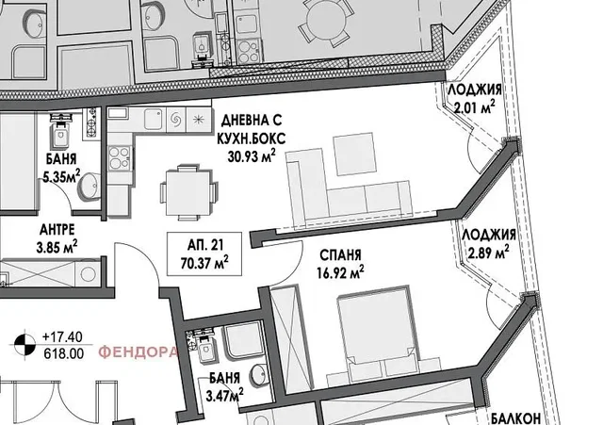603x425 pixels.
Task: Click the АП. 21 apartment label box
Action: pyautogui.click(x=204, y=253)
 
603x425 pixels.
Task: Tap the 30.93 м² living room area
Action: pyautogui.click(x=252, y=155)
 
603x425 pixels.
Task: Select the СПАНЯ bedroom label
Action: pyautogui.click(x=340, y=254)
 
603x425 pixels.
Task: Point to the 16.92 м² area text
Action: pyautogui.click(x=341, y=272)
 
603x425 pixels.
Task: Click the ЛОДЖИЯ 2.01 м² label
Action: pyautogui.click(x=475, y=98)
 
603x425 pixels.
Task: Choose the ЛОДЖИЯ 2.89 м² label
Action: pyautogui.click(x=489, y=243)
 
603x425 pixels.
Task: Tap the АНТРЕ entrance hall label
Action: pyautogui.click(x=57, y=230)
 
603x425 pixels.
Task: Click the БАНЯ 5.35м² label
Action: pyautogui.click(x=61, y=167)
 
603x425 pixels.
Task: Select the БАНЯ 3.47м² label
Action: pyautogui.click(x=225, y=386)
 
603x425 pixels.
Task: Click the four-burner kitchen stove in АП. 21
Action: pyautogui.click(x=119, y=158)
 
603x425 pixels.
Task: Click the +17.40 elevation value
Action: pyautogui.click(x=62, y=337)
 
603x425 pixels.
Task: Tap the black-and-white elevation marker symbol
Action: pyautogui.click(x=24, y=345)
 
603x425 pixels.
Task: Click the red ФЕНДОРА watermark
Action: pyautogui.click(x=139, y=351)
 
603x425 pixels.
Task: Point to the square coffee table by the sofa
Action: pyautogui.click(x=354, y=154)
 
